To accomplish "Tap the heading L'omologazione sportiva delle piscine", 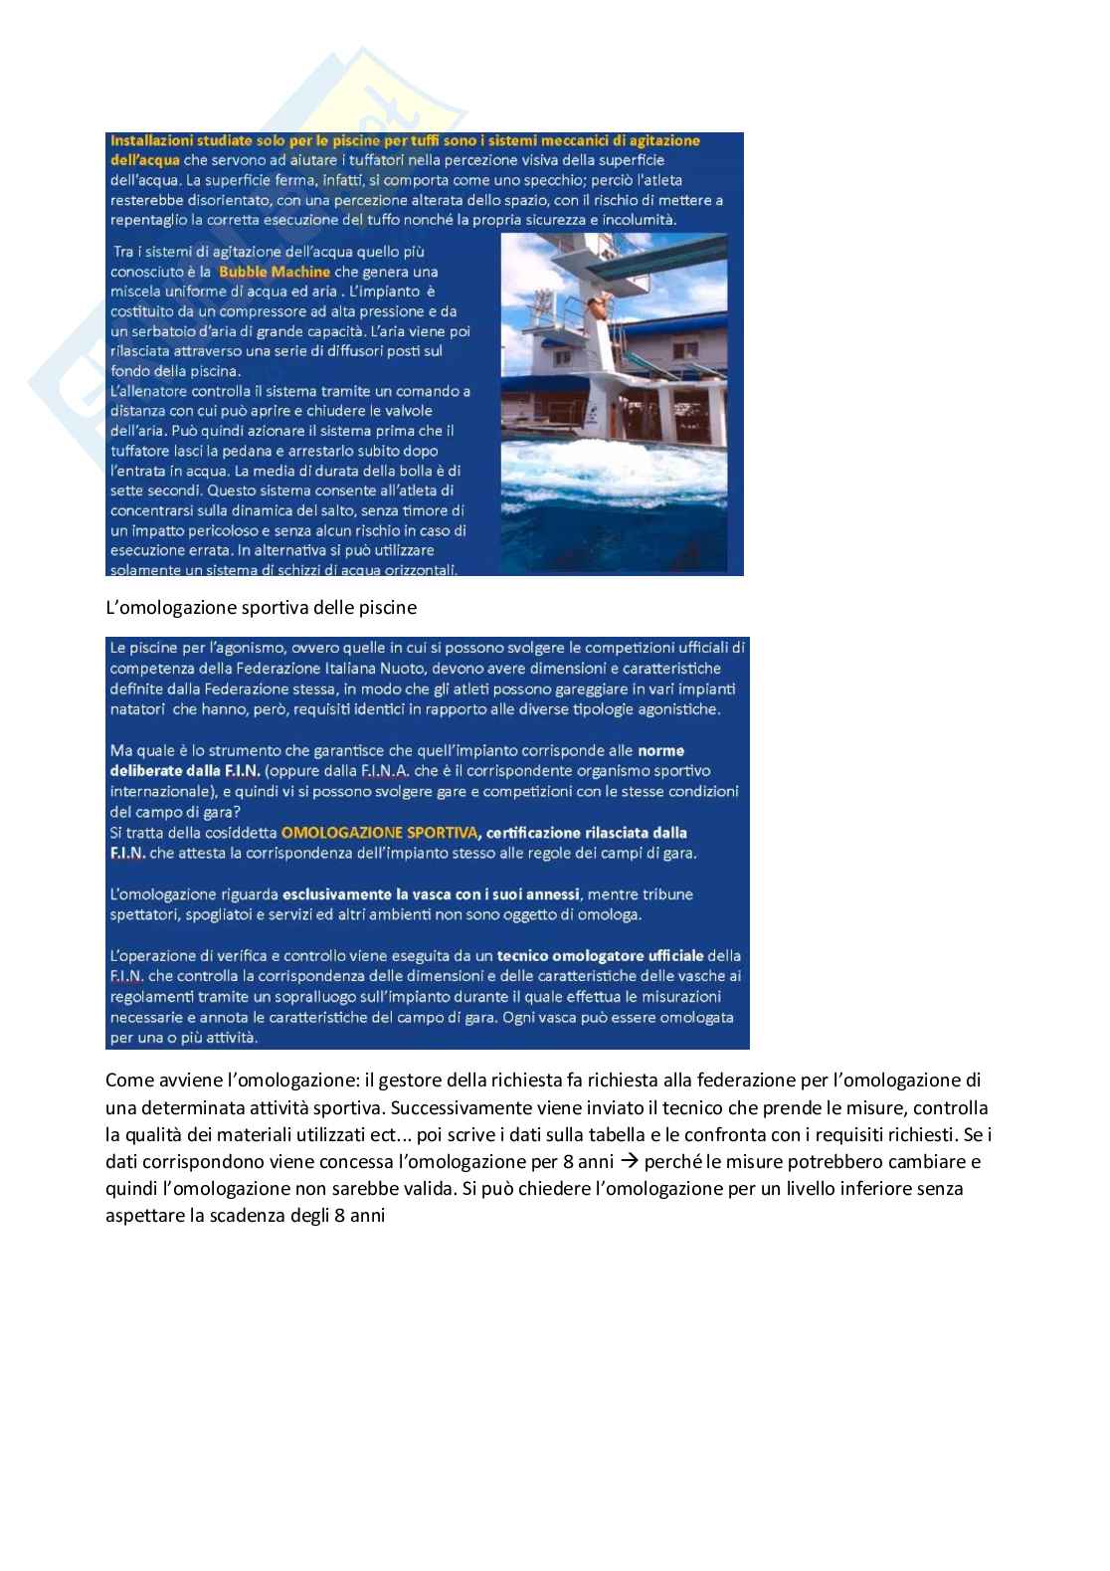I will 261,606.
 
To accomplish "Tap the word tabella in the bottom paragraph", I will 599,1134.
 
